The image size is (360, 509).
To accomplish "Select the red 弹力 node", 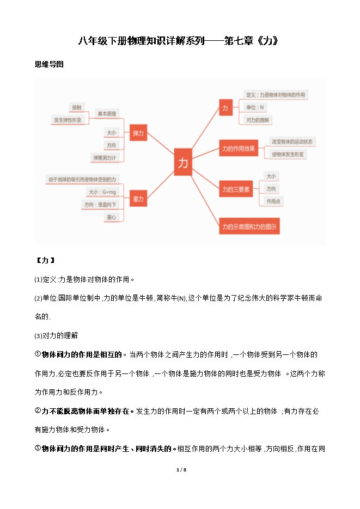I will tap(138, 133).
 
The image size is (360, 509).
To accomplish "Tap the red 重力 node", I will tap(138, 200).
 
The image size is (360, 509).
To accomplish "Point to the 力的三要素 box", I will tap(236, 189).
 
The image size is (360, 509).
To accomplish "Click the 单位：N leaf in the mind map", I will tap(255, 107).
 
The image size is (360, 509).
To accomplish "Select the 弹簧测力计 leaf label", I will tap(105, 158).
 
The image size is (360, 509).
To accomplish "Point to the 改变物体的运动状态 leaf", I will tap(293, 142).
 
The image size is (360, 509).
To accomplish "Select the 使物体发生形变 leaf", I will tap(289, 154).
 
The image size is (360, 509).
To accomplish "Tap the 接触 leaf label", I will tap(77, 107).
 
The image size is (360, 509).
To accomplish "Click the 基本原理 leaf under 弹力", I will tap(107, 114).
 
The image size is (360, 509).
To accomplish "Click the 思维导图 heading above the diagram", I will tap(50, 64).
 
